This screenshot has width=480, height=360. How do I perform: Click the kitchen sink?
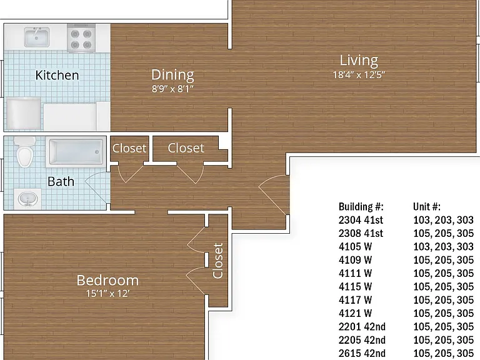[37, 37]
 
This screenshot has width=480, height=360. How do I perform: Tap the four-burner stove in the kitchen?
[81, 38]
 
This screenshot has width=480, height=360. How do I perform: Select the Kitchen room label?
[57, 75]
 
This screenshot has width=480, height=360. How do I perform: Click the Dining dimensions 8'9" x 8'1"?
[172, 89]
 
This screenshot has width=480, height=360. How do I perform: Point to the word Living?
[359, 61]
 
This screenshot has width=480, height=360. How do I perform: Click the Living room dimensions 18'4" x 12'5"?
[359, 75]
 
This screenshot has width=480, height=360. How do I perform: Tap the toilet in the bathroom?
[24, 151]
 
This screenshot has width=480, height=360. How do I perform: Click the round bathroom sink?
[28, 198]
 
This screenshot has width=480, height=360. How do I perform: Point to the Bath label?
[61, 182]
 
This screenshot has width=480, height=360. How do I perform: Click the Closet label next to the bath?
[129, 148]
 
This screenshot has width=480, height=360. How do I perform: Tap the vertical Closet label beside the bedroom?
[217, 261]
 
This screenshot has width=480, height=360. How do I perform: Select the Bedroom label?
[107, 281]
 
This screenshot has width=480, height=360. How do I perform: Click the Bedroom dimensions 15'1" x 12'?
[107, 294]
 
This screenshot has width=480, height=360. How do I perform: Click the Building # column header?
[361, 207]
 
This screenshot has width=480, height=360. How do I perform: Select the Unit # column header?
[427, 207]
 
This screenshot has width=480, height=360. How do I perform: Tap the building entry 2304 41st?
[361, 220]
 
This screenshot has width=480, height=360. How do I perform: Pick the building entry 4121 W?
[355, 313]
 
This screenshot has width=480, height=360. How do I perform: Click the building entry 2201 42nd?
[362, 327]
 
